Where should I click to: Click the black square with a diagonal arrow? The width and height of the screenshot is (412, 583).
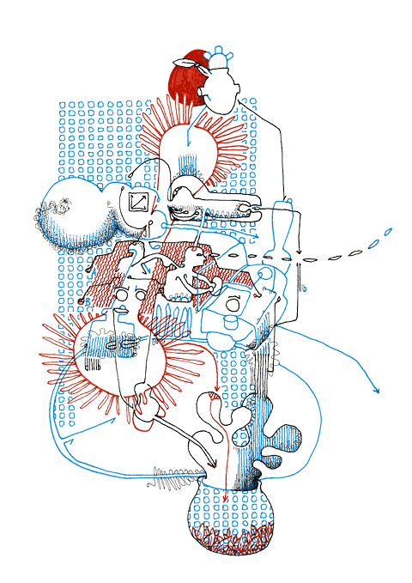click(138, 203)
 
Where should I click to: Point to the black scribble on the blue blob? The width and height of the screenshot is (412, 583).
click(62, 206)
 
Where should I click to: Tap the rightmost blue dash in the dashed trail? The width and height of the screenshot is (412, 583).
click(388, 231)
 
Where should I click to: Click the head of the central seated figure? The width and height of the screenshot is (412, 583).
click(199, 253)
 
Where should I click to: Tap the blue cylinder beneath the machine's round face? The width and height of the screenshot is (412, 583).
click(230, 324)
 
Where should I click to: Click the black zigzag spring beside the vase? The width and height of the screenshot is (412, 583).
click(176, 474)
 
